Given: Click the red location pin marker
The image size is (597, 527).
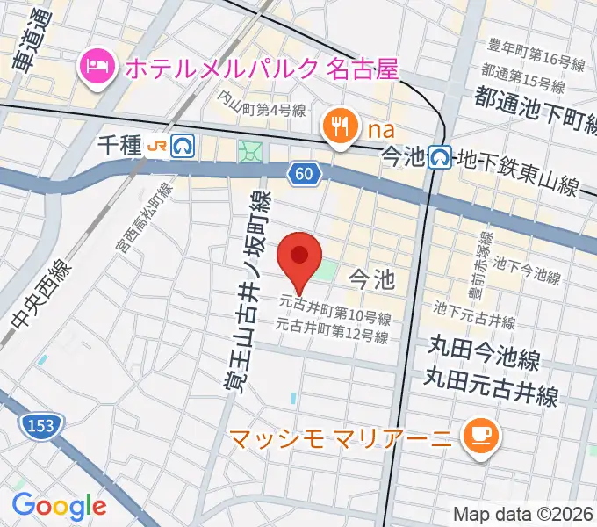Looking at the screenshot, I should click(299, 257).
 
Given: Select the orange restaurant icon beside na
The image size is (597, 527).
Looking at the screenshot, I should click(338, 128).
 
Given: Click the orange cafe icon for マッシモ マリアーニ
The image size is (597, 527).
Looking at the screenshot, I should click(479, 434).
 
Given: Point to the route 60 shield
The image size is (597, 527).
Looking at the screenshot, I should click(303, 174).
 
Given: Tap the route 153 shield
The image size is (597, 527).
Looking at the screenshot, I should click(34, 425).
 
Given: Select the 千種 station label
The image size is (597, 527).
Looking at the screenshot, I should click(119, 146).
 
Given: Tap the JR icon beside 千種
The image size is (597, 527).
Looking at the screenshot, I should click(158, 146).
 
